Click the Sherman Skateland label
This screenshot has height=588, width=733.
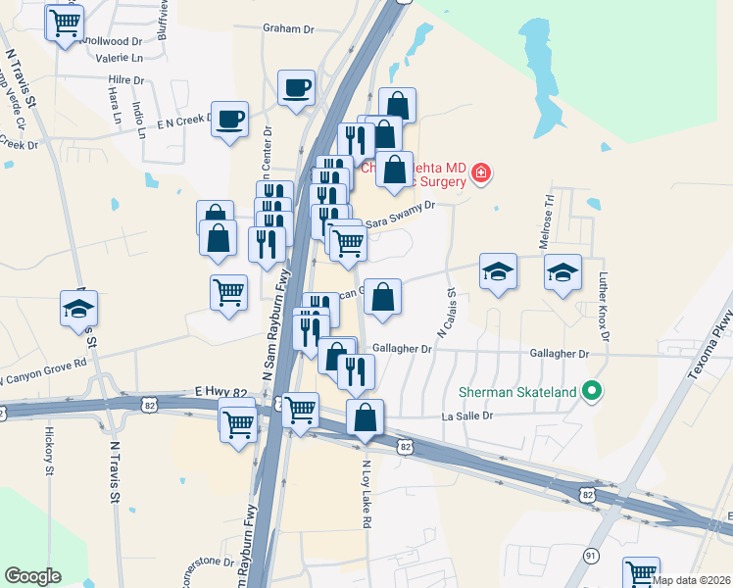coord(515,392)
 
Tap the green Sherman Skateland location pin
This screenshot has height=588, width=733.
coord(591,392)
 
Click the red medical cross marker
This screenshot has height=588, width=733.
coord(480,174)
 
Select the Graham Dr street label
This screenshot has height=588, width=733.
coord(288,28)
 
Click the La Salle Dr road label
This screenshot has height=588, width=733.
coord(467,416)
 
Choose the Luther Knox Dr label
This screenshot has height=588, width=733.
coord(605,306)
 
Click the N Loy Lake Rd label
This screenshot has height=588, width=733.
coord(366,494)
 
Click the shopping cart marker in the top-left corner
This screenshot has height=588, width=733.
coord(65,22)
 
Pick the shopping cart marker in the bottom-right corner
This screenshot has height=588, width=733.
coord(643,572)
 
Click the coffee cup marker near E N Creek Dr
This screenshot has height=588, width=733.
coord(229,120)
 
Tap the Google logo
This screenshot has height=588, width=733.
coord(32,576)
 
